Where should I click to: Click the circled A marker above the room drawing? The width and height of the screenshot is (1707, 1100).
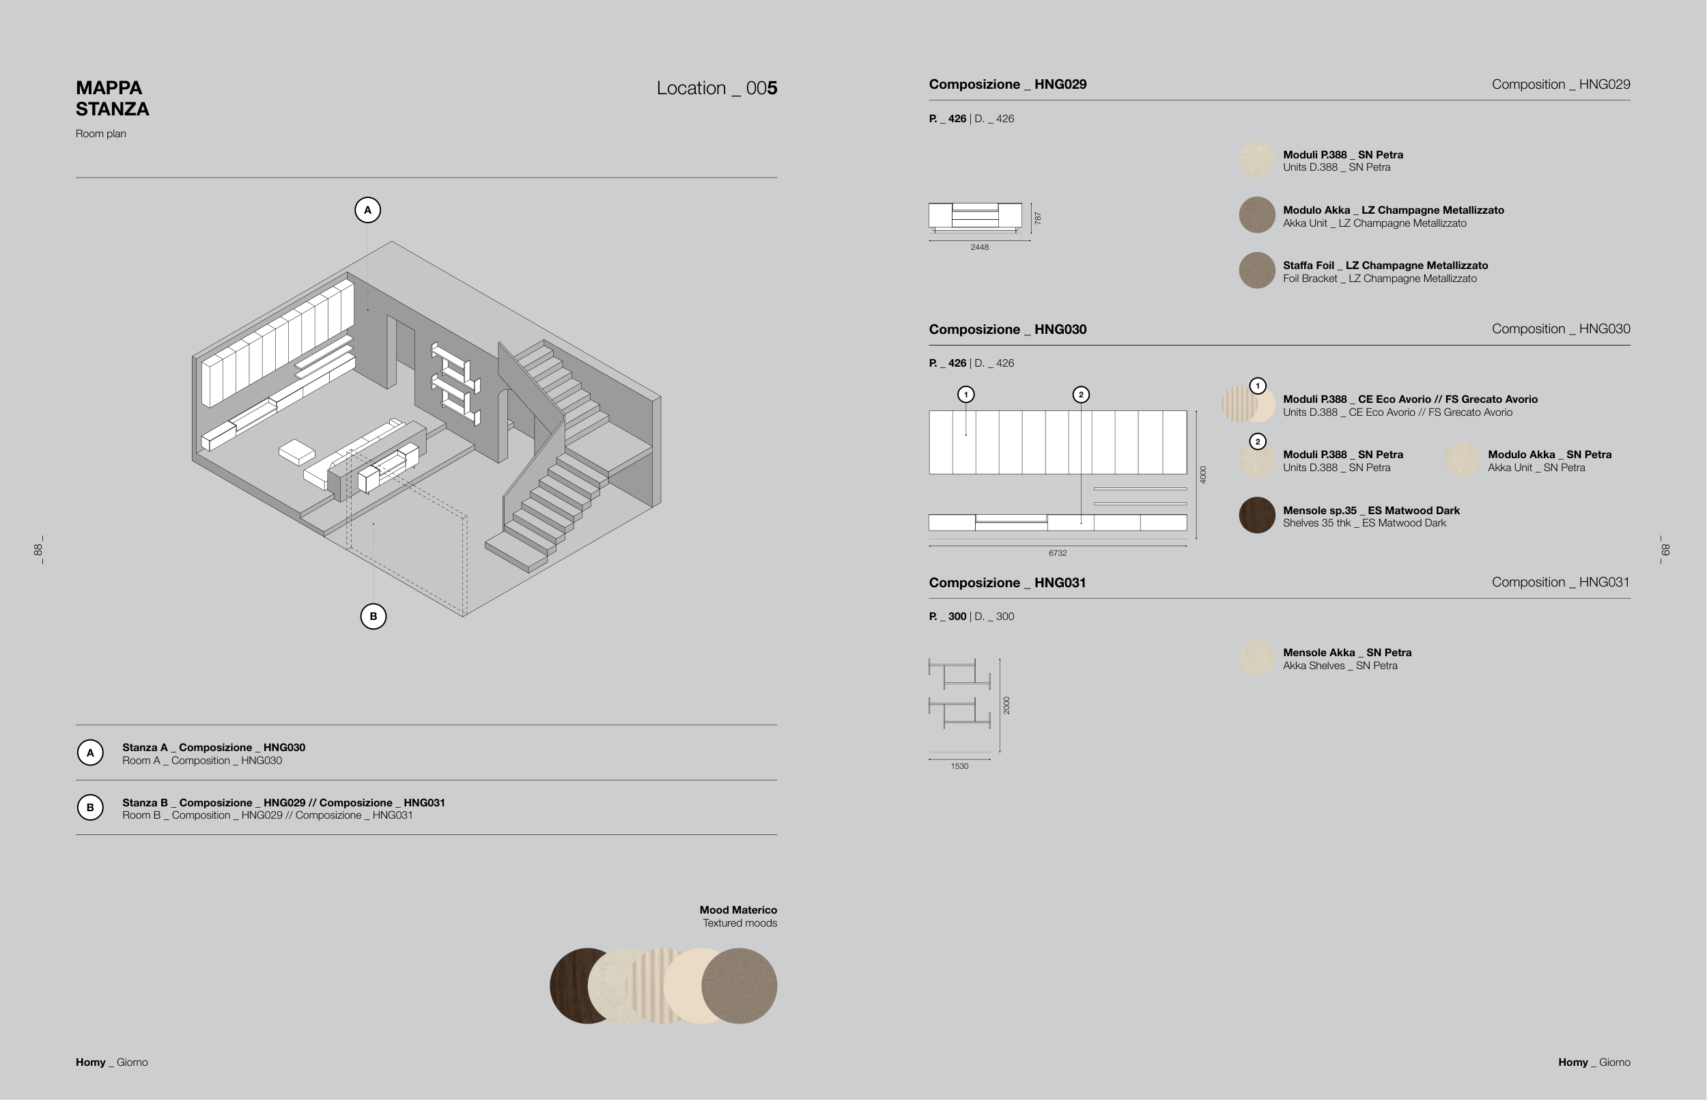click(x=368, y=210)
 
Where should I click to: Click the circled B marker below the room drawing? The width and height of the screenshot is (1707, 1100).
click(x=373, y=617)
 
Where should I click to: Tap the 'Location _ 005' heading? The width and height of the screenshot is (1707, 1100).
click(x=716, y=88)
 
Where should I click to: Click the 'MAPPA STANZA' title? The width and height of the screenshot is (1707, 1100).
click(x=112, y=98)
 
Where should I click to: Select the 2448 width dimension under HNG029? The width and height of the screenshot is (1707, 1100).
click(x=979, y=247)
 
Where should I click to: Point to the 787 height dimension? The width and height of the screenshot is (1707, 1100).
click(x=1038, y=218)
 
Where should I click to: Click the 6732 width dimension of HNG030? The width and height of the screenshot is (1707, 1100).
click(x=1058, y=553)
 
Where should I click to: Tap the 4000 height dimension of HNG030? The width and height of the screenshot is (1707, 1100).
click(x=1204, y=475)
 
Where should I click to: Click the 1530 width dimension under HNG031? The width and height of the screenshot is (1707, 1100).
click(x=959, y=765)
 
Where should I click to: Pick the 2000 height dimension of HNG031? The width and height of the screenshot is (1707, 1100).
click(x=1006, y=705)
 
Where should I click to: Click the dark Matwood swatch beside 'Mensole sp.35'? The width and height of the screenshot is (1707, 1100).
click(x=1257, y=515)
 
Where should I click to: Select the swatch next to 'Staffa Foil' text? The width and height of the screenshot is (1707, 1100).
click(x=1257, y=270)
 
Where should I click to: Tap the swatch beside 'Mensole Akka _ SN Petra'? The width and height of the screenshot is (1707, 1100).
click(x=1257, y=658)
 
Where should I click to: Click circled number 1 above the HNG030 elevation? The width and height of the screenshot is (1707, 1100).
click(x=966, y=394)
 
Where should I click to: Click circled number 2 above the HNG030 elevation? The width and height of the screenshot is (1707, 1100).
click(x=1082, y=394)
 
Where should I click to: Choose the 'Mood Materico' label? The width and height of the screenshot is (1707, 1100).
click(x=739, y=910)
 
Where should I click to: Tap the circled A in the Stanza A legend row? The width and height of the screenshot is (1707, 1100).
click(x=90, y=752)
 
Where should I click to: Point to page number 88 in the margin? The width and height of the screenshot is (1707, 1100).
click(x=38, y=550)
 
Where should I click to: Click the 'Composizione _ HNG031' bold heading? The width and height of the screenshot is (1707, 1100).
click(x=1008, y=583)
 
